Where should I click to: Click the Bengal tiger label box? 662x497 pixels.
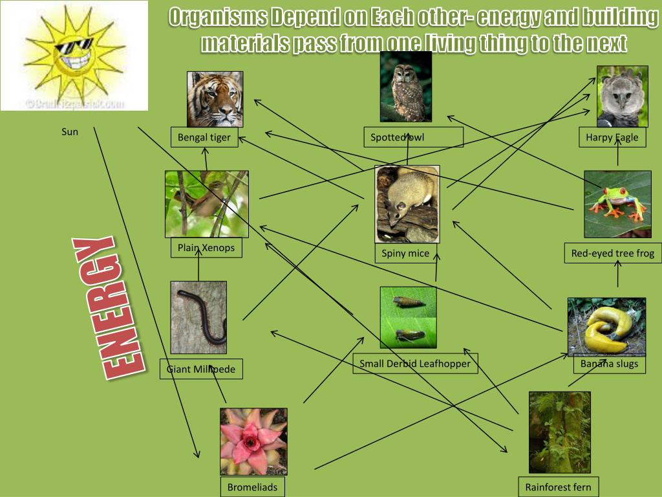(204, 138)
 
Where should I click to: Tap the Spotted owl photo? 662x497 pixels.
(406, 87)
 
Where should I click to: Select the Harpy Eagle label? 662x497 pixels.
(612, 137)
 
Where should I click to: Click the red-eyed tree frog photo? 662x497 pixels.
(617, 204)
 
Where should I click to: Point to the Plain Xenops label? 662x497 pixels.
(206, 248)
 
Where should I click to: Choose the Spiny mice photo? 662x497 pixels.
(407, 204)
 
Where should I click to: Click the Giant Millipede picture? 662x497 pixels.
(198, 317)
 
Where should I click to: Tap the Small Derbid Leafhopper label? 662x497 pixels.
(415, 364)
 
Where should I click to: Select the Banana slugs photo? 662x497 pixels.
(606, 327)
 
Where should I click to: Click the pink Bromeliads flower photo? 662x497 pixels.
(253, 441)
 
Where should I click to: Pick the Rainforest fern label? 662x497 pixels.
(558, 487)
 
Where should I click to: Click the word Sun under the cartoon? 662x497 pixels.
(70, 132)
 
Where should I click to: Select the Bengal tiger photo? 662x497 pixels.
(215, 99)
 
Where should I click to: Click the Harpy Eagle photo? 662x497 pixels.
(622, 96)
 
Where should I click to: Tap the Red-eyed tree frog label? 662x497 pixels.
(612, 254)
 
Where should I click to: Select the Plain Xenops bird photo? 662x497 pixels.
(206, 204)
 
